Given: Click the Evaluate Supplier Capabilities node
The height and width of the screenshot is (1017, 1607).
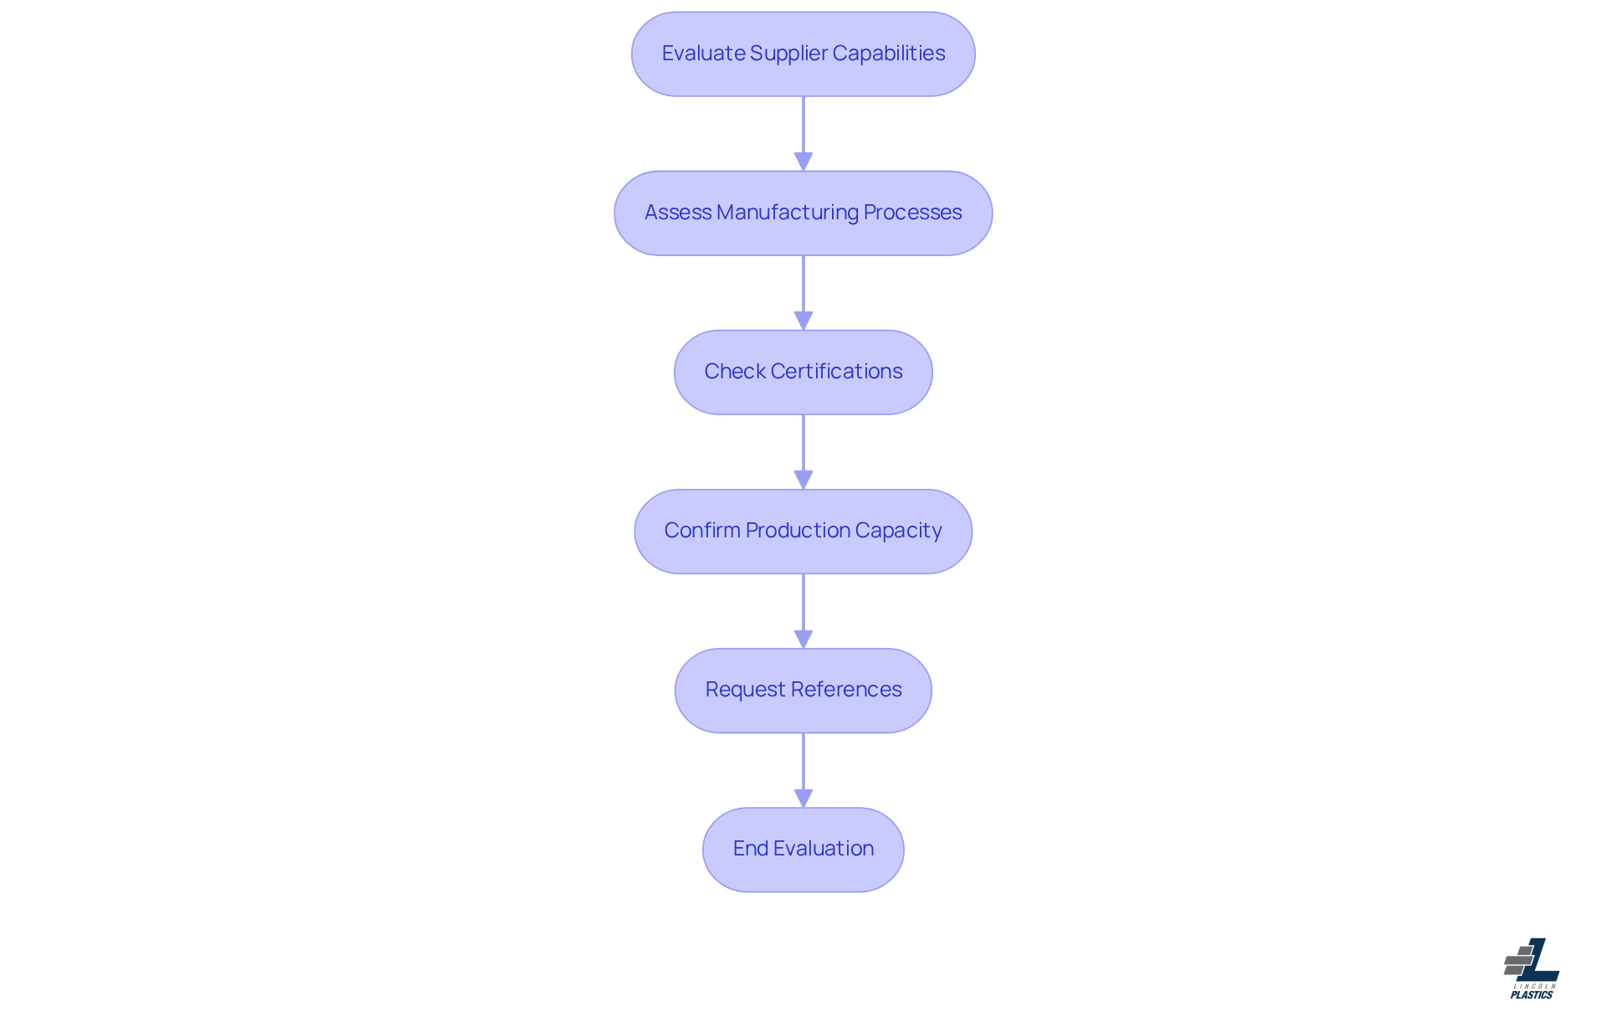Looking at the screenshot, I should pos(803,54).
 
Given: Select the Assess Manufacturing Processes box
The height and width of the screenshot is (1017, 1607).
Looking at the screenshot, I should pos(803,213).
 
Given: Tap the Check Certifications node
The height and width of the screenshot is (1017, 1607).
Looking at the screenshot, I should pos(803,372).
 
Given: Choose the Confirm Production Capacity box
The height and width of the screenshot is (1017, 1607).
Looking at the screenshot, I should pos(803,532).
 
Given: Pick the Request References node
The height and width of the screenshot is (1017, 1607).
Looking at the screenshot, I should pos(803,691).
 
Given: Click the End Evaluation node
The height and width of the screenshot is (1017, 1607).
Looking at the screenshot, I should pos(803,850).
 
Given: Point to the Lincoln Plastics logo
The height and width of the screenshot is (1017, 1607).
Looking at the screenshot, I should pos(1532,968).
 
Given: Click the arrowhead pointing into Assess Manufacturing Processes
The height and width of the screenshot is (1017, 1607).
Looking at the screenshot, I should pos(803,162).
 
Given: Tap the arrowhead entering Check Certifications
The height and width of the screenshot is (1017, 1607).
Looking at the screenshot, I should pos(803,321).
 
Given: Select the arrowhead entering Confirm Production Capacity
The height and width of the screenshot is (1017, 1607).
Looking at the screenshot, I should pos(803,480).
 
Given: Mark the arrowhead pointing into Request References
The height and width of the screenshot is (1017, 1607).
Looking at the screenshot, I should pos(803,639).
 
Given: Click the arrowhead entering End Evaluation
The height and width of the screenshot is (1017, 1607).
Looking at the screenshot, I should pos(803,798).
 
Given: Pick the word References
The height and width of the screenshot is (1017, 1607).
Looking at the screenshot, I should pos(845,690).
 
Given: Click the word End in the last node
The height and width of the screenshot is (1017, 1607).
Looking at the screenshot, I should pos(751,849).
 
